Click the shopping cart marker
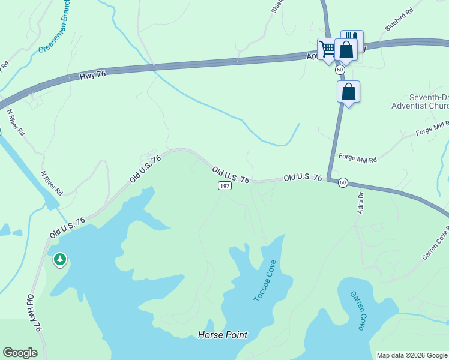pos(327,49)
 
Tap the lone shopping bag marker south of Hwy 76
pos(348,92)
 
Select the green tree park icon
pos(59,259)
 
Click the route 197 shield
pos(224,187)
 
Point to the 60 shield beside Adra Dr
pos(343,182)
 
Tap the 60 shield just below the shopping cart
pos(340,70)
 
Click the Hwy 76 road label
pos(92,75)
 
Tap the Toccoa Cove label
pos(264,281)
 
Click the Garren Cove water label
pos(357,311)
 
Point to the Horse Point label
pos(223,335)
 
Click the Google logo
pos(20,353)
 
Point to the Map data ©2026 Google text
pos(411,355)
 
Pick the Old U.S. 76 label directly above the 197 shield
pos(231,175)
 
